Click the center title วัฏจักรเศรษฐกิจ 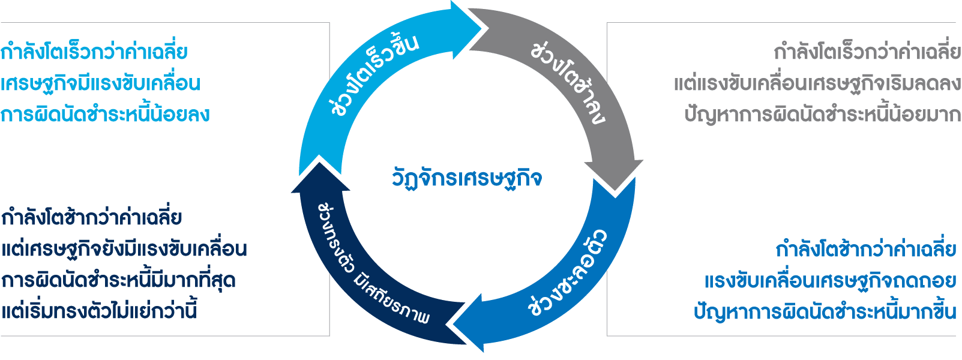click(x=467, y=178)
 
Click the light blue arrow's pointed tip click(x=480, y=26)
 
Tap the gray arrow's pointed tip click(x=615, y=188)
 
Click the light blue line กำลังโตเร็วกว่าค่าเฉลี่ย click(x=94, y=52)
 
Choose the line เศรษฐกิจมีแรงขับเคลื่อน click(x=100, y=83)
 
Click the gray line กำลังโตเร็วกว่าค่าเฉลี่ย click(x=867, y=52)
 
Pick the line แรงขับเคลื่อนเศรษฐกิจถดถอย click(x=830, y=281)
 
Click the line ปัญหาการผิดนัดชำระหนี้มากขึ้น click(x=825, y=311)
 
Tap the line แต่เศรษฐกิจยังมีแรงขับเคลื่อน click(x=124, y=249)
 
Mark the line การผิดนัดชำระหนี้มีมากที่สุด click(x=118, y=281)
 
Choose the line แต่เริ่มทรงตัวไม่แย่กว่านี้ click(x=99, y=311)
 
